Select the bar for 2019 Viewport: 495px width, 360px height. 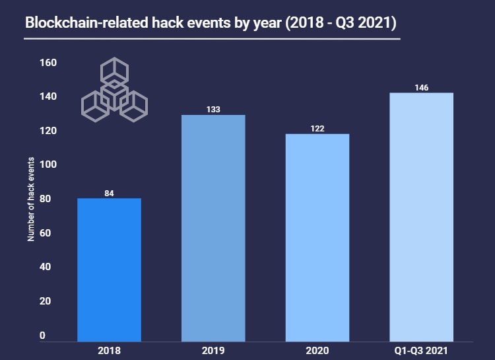(213, 228)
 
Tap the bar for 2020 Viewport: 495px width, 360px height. (317, 238)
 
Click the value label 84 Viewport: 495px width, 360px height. (110, 194)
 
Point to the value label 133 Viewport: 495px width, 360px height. (213, 110)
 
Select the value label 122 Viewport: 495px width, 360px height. (317, 129)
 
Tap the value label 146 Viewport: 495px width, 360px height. (421, 87)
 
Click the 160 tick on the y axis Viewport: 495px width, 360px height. (48, 63)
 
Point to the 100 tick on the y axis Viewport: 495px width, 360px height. (48, 165)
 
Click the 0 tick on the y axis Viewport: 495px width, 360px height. (42, 336)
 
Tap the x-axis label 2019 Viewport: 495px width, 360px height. (213, 350)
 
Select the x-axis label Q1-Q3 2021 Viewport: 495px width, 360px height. (421, 350)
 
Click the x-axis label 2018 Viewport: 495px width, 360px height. (110, 350)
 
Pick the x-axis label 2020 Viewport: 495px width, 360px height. (317, 350)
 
